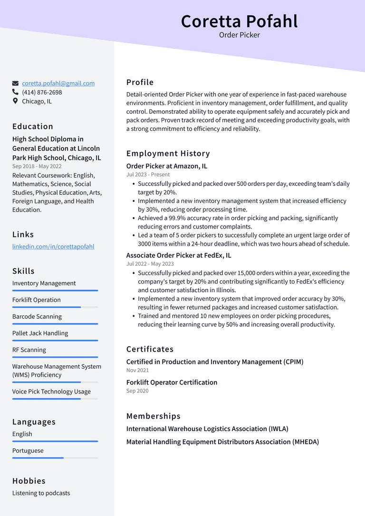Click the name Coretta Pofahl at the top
pyautogui.click(x=239, y=21)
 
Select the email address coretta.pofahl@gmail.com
pyautogui.click(x=58, y=83)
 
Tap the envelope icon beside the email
pyautogui.click(x=16, y=83)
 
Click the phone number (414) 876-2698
pyautogui.click(x=42, y=92)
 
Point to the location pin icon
pyautogui.click(x=16, y=101)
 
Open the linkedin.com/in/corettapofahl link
pyautogui.click(x=53, y=247)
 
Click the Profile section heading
pyautogui.click(x=140, y=82)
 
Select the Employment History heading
pyautogui.click(x=168, y=153)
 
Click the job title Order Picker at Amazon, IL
pyautogui.click(x=166, y=166)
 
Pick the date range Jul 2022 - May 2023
pyautogui.click(x=150, y=264)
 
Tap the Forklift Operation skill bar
pyautogui.click(x=55, y=307)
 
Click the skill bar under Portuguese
pyautogui.click(x=55, y=458)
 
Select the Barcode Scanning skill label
pyautogui.click(x=37, y=316)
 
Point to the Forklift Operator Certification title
pyautogui.click(x=172, y=382)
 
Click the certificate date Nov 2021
pyautogui.click(x=137, y=370)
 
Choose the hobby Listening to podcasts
pyautogui.click(x=41, y=493)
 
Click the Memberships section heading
pyautogui.click(x=153, y=416)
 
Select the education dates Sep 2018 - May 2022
pyautogui.click(x=37, y=166)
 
